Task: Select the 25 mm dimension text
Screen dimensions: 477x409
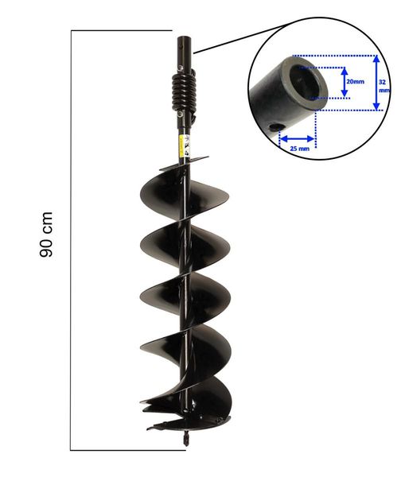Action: [x=298, y=148]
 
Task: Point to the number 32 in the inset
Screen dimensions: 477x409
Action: [x=384, y=81]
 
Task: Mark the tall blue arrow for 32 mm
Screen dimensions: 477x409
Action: [x=375, y=83]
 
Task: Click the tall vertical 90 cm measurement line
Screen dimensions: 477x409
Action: [x=72, y=238]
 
